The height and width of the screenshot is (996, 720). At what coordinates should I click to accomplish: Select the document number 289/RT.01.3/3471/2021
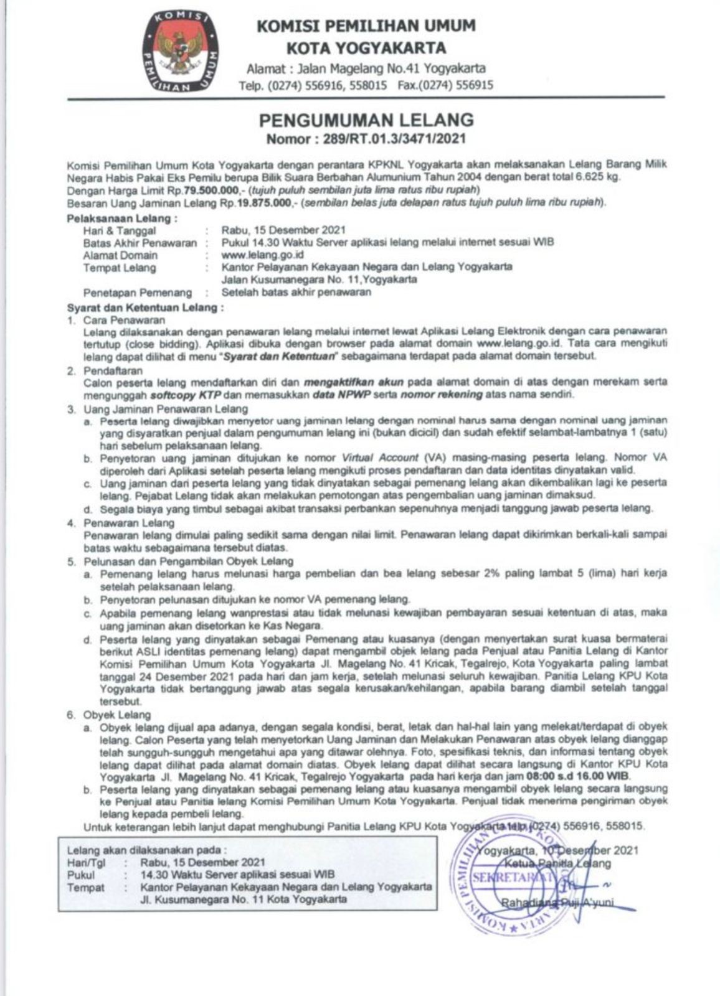click(394, 138)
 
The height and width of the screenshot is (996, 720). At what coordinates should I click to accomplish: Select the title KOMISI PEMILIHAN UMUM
click(366, 26)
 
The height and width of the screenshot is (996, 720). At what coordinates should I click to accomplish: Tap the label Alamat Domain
click(120, 255)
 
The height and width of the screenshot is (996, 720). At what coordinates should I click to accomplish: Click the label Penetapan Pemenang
click(138, 292)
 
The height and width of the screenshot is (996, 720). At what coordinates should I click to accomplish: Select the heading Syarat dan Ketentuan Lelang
click(144, 308)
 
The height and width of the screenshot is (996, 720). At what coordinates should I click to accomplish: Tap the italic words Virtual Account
click(380, 458)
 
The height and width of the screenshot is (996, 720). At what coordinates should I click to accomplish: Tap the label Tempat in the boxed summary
click(85, 887)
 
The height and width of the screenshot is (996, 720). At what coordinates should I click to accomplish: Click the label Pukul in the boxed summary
click(81, 875)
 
